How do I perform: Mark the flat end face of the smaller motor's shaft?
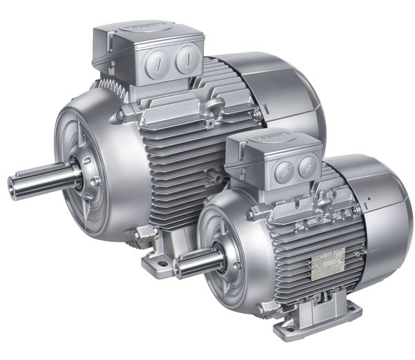pos(177,269)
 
